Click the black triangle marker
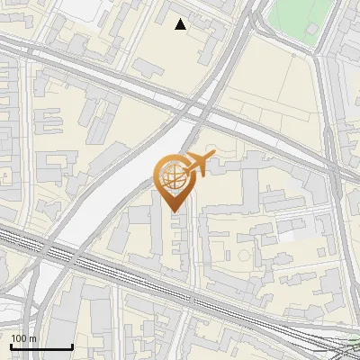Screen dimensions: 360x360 point(181,25)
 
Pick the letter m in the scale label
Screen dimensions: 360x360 point(32,338)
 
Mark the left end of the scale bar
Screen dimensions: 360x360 point(11,347)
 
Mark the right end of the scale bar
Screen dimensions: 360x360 point(72,347)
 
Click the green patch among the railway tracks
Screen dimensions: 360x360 point(346,346)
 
